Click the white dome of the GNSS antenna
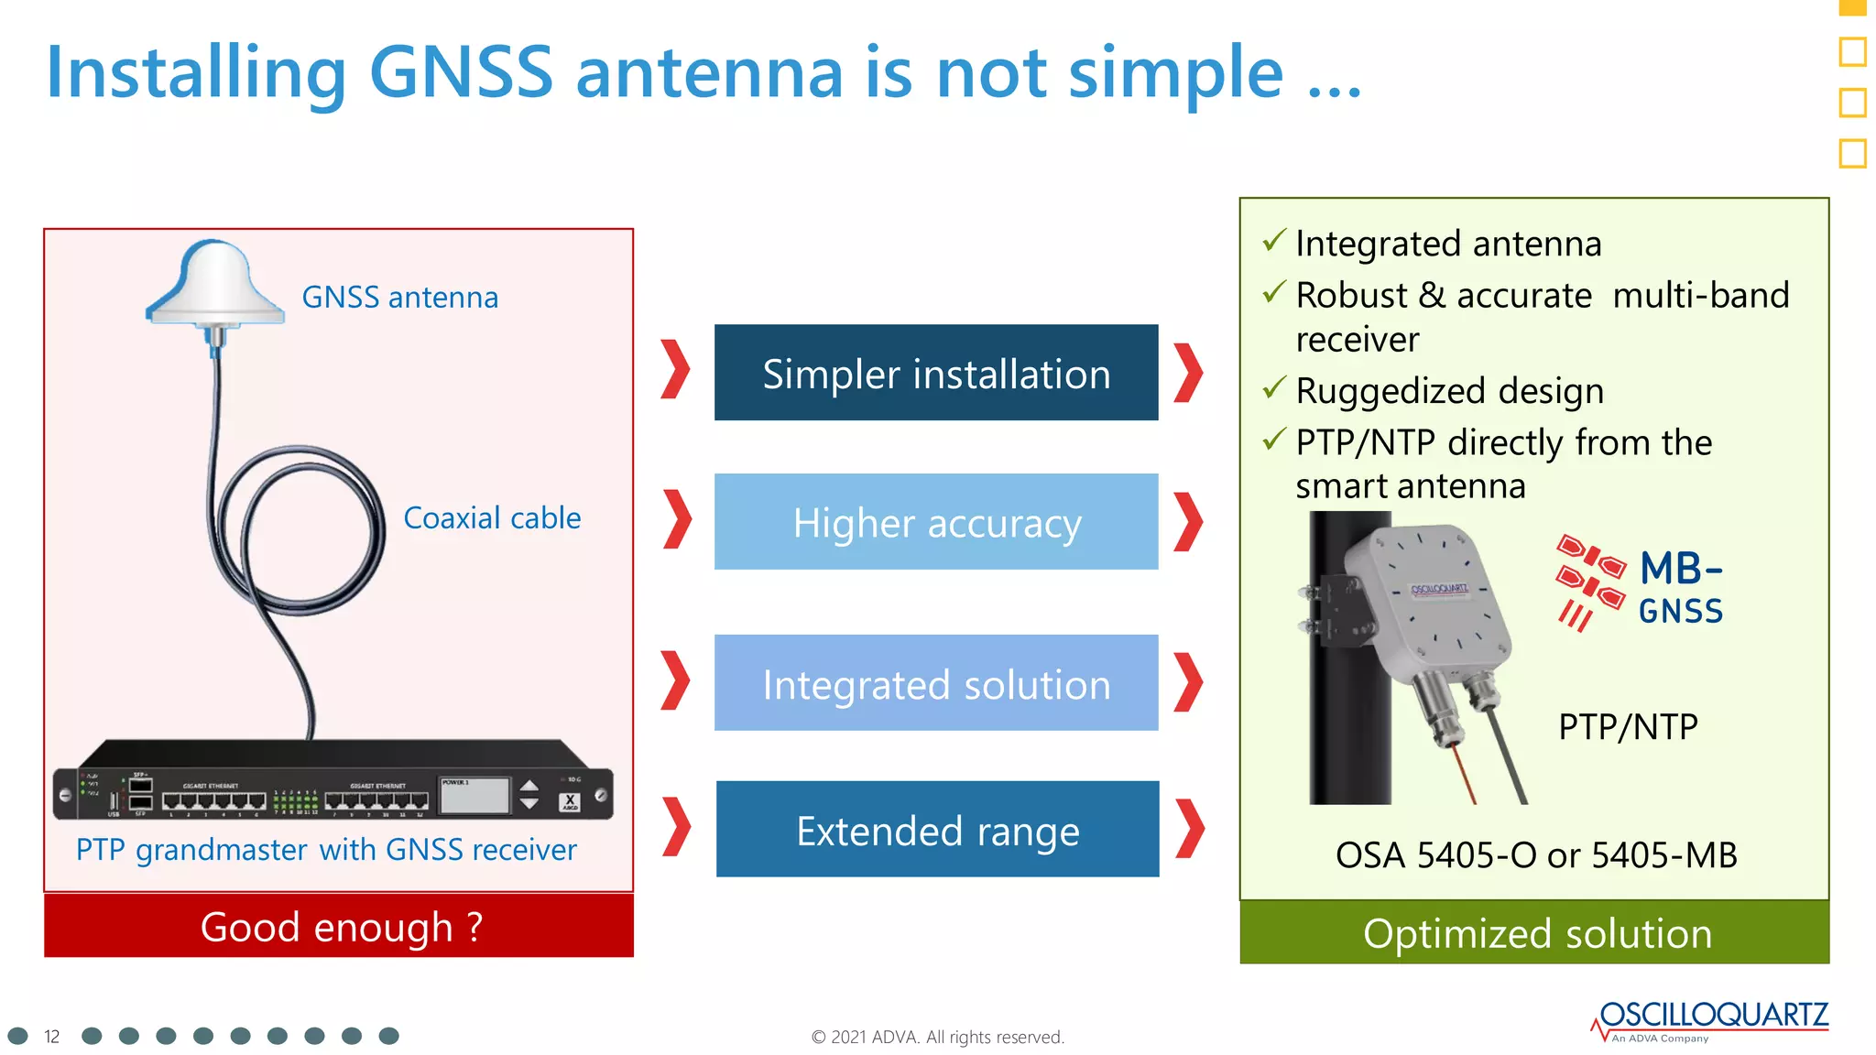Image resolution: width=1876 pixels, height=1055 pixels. [215, 279]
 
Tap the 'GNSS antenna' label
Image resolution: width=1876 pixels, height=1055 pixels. [399, 298]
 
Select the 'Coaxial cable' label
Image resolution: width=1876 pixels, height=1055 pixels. [492, 518]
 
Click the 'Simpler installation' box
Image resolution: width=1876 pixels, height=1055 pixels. [935, 374]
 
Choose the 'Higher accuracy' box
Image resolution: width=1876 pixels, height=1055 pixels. [935, 522]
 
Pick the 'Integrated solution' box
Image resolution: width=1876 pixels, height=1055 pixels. [935, 683]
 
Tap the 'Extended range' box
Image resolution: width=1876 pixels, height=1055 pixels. [936, 830]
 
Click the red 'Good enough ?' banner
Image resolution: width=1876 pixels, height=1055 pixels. [339, 927]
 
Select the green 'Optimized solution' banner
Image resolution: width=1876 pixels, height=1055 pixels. [1534, 933]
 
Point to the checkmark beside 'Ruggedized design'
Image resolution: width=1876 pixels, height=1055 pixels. [1274, 388]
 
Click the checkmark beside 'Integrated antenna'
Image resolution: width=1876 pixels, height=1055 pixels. [1274, 240]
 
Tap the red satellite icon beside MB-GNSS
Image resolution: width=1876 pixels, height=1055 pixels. [1589, 582]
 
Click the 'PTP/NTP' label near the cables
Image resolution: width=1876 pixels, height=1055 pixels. [1628, 727]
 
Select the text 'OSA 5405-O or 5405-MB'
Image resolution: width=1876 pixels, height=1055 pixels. [1535, 855]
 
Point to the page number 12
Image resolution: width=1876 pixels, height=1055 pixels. [52, 1037]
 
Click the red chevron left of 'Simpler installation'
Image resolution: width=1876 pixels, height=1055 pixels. [675, 370]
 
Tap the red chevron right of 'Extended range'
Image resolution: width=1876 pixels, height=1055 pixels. [1189, 829]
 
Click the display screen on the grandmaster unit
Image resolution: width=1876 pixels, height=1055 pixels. [474, 796]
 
